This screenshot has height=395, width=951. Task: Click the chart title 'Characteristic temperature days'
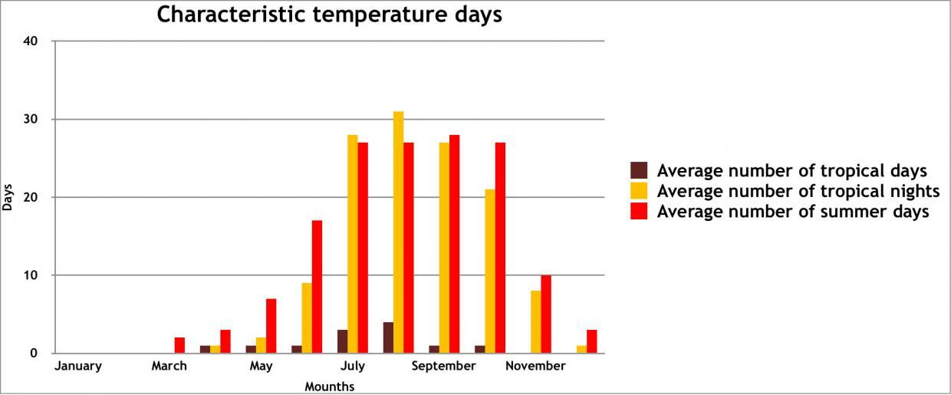tap(329, 15)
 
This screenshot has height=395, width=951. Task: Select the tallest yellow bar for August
tap(398, 232)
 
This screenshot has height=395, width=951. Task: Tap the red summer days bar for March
tap(179, 345)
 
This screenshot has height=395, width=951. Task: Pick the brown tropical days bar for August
tap(388, 337)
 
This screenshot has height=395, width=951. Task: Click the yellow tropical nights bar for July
tap(353, 244)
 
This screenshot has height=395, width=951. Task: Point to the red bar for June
tap(317, 287)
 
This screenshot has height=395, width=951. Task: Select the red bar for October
tap(500, 248)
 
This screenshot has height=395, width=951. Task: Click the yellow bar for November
tap(536, 322)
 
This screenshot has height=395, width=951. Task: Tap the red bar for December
tap(591, 341)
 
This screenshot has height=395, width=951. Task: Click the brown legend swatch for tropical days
tap(639, 170)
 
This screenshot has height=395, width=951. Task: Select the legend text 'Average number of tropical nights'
tap(798, 191)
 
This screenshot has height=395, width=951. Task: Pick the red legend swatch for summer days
tap(639, 211)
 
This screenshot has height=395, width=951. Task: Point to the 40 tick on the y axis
tap(32, 41)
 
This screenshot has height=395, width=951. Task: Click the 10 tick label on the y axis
tap(32, 275)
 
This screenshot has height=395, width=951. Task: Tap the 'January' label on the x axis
tap(78, 367)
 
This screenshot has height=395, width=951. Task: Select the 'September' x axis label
tap(443, 367)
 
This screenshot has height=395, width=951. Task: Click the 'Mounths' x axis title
tap(330, 387)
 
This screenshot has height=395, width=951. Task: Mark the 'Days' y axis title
tap(8, 197)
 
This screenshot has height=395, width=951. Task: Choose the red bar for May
tap(271, 326)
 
